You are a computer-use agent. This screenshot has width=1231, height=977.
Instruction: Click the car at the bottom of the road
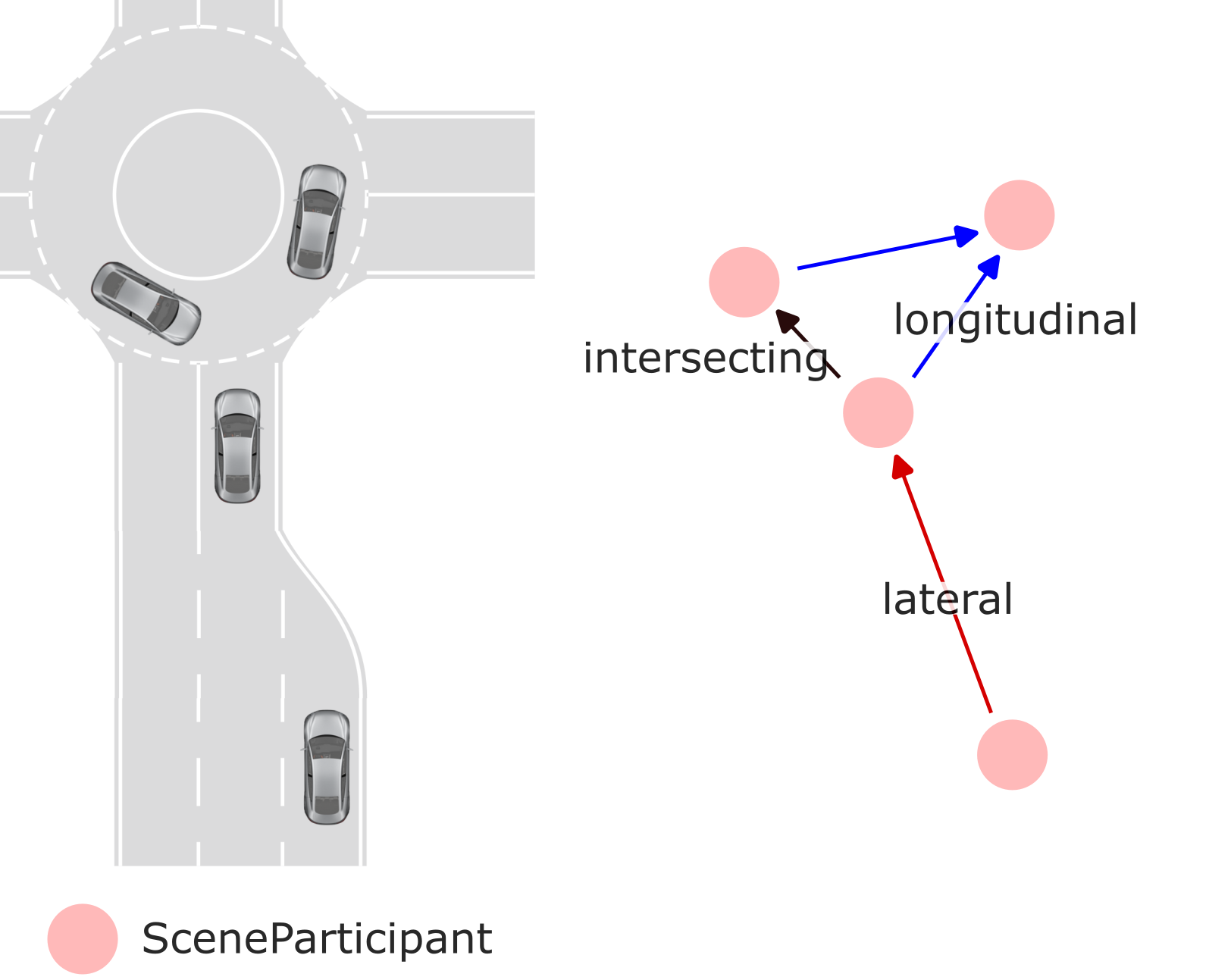[x=327, y=767]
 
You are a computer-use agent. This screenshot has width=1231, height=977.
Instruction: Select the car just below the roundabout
[x=237, y=446]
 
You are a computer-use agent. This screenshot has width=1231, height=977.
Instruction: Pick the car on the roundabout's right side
[x=317, y=221]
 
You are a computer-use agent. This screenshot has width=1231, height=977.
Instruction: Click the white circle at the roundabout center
[x=199, y=195]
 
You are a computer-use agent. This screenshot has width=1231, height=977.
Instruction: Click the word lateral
[x=947, y=600]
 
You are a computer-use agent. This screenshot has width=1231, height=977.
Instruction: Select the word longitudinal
[x=1015, y=319]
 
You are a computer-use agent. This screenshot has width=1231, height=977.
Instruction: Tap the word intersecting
[x=705, y=358]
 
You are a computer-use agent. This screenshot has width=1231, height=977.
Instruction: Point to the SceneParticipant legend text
[x=317, y=938]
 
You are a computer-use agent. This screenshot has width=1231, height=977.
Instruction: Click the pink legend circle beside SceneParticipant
[x=83, y=938]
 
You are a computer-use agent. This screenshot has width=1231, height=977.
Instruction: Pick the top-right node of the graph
[x=1019, y=215]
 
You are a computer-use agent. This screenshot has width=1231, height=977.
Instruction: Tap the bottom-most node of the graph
[x=1012, y=755]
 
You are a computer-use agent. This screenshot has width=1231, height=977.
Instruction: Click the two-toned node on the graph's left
[x=744, y=282]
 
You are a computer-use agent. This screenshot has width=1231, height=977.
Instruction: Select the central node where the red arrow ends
[x=878, y=413]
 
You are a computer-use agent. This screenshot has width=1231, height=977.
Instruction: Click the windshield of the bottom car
[x=327, y=746]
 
